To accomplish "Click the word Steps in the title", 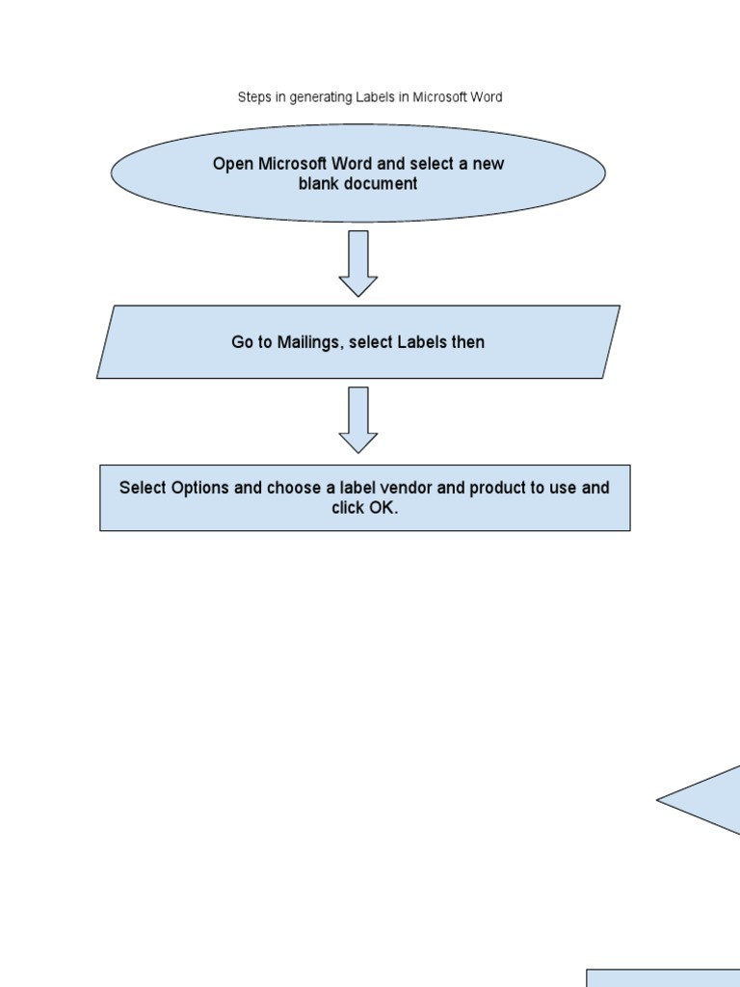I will [252, 97].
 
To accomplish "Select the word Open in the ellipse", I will [232, 164].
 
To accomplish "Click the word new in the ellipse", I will [488, 164].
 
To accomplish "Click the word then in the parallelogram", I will [468, 342].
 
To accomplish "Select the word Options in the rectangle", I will [200, 488].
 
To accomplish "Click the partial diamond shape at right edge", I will [708, 800].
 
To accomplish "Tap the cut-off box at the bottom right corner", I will [665, 977].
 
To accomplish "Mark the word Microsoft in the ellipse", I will [293, 164].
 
